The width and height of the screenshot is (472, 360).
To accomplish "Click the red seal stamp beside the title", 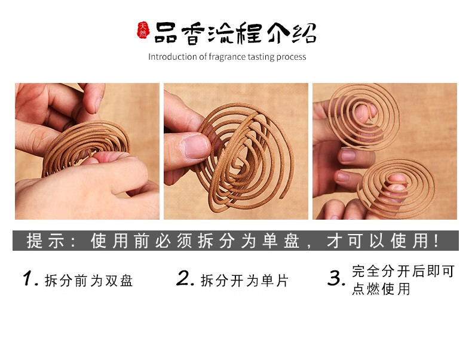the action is (143, 30).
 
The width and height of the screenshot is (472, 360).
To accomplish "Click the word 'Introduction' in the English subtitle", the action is (173, 57).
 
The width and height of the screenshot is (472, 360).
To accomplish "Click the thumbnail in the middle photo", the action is (195, 146).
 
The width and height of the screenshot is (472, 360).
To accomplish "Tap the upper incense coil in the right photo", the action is (364, 116).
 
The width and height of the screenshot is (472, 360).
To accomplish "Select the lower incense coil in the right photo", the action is (396, 188).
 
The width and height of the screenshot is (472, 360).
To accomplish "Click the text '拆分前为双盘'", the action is (89, 281).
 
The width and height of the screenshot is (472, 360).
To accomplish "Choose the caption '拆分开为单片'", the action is (245, 281).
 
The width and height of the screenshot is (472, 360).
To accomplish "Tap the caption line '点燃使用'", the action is (381, 289).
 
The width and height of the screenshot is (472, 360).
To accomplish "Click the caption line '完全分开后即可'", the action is (403, 271).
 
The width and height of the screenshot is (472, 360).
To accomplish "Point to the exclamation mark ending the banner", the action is (437, 241).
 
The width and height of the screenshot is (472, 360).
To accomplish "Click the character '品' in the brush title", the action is (165, 33).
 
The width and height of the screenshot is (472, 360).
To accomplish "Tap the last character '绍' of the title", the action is (304, 32).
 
